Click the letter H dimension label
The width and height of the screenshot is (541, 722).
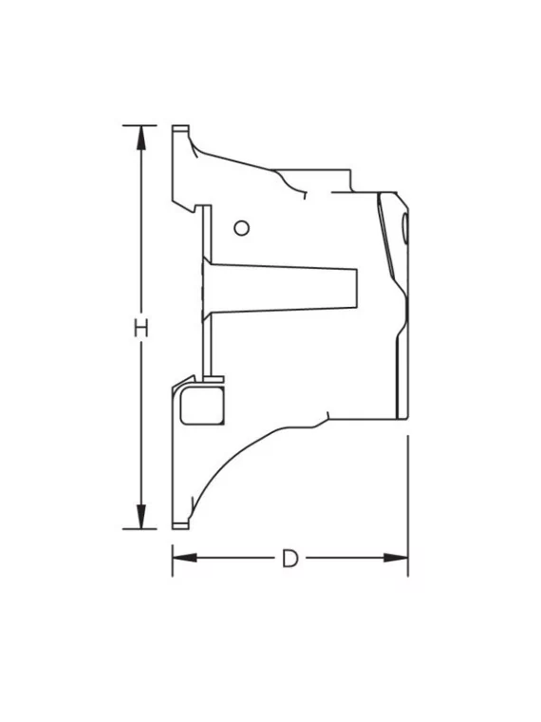click(x=140, y=328)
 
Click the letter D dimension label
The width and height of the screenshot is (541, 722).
click(x=289, y=558)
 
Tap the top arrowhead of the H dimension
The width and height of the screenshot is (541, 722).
click(x=140, y=136)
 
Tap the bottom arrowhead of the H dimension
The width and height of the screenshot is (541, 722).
click(x=140, y=518)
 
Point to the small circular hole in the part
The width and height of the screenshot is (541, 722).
click(x=242, y=227)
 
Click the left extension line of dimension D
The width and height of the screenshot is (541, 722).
click(x=172, y=560)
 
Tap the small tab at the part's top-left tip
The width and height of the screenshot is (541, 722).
click(x=179, y=128)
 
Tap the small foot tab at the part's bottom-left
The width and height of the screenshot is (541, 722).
click(x=180, y=524)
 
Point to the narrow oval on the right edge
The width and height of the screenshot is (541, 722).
click(x=405, y=228)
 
